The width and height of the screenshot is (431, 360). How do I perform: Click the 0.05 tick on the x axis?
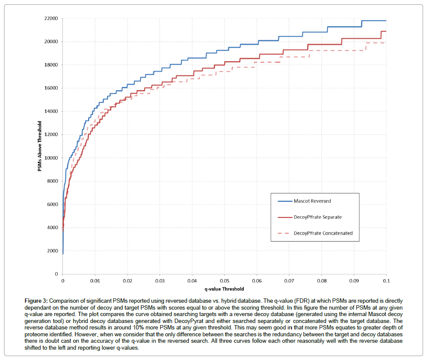(224, 280)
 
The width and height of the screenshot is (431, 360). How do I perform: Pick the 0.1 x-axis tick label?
(386, 280)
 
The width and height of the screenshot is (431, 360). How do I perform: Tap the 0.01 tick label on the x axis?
(95, 280)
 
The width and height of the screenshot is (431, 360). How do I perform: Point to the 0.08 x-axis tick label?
(321, 280)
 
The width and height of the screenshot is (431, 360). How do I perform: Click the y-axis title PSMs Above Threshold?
(39, 146)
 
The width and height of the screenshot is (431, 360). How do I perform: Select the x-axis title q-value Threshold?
(224, 289)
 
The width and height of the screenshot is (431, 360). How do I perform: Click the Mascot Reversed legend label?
(312, 201)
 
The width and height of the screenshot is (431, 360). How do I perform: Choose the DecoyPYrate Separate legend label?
(318, 217)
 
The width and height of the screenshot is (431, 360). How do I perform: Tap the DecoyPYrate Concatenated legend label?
(323, 233)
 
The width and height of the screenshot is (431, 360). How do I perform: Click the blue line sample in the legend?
(283, 201)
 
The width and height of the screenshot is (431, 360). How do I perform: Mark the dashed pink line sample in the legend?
(283, 233)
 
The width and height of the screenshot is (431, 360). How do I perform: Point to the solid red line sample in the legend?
(283, 217)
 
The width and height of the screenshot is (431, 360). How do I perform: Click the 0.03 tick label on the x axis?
(159, 280)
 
